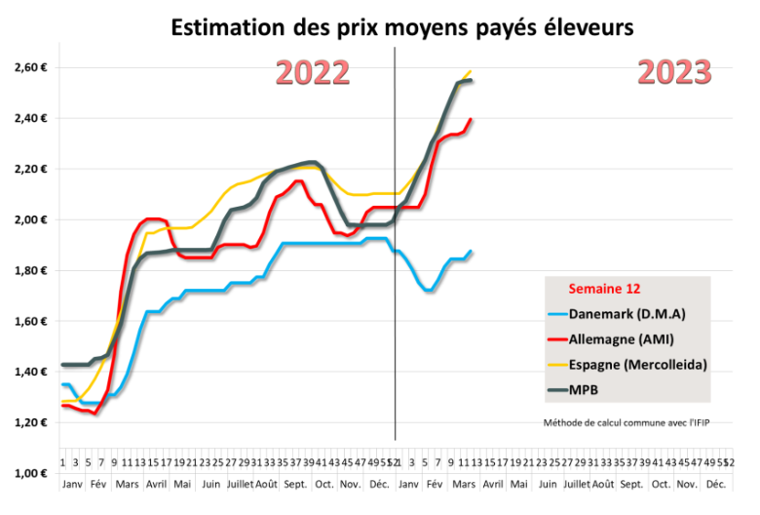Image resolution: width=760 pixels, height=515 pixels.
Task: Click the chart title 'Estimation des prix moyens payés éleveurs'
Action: tap(402, 28)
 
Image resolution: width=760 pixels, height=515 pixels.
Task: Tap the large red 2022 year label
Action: tap(312, 73)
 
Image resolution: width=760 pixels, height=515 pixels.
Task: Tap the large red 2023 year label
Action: tap(674, 72)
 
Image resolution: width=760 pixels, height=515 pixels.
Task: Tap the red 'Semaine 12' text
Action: tap(604, 289)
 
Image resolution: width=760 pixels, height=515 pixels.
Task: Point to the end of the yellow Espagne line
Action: tap(471, 71)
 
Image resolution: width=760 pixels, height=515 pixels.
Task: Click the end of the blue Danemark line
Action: tap(472, 251)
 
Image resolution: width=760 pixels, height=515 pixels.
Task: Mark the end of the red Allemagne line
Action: tap(472, 120)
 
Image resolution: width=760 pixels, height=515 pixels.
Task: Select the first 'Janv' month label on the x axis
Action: tap(73, 484)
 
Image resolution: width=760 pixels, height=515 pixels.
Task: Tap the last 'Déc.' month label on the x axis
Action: tap(715, 484)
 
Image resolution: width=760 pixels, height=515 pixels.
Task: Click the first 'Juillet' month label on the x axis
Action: tap(239, 484)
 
